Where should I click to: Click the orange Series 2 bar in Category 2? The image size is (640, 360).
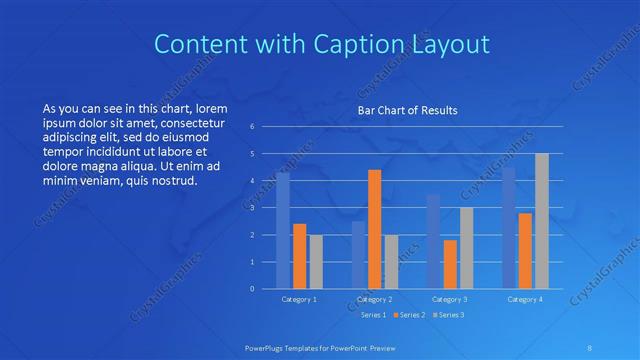tap(374, 230)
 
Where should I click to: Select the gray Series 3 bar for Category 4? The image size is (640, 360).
tap(541, 222)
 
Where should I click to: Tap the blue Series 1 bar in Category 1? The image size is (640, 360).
tap(283, 231)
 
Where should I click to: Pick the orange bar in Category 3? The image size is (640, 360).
tap(450, 265)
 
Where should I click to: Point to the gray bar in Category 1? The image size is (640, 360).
tap(315, 262)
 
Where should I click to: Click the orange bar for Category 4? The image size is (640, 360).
tap(525, 251)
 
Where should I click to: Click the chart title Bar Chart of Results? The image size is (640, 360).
tap(408, 111)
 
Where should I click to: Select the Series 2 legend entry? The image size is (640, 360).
tap(410, 315)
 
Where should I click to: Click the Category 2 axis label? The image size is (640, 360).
tap(374, 299)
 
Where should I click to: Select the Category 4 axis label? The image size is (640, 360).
tap(525, 299)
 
